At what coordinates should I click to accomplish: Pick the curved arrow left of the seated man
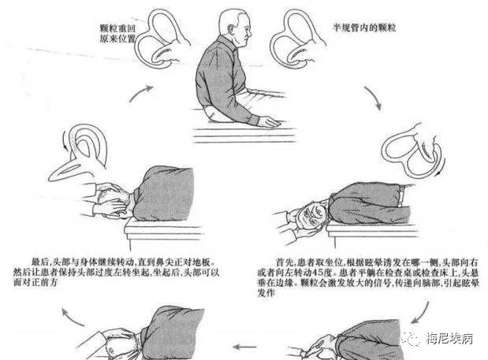click(x=143, y=99)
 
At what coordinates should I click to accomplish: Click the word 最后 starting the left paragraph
click(x=39, y=259)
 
